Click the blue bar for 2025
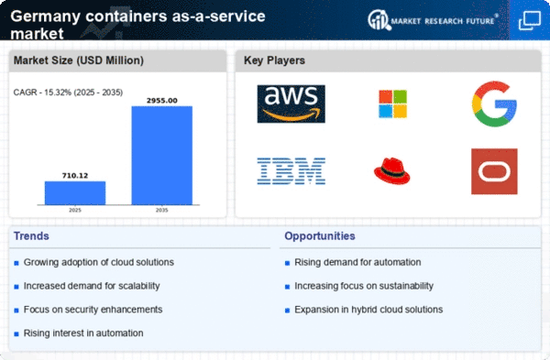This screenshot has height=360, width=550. pyautogui.click(x=75, y=192)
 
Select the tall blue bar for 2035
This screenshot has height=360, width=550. pyautogui.click(x=162, y=156)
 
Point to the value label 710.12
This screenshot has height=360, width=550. pyautogui.click(x=75, y=175)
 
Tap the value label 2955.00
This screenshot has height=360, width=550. pyautogui.click(x=162, y=100)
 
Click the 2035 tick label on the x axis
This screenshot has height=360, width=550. pyautogui.click(x=161, y=210)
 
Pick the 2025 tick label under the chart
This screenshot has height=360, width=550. pyautogui.click(x=75, y=210)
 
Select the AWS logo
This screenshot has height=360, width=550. pyautogui.click(x=291, y=104)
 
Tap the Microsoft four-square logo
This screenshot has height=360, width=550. pyautogui.click(x=393, y=104)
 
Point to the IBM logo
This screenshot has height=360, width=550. pyautogui.click(x=291, y=171)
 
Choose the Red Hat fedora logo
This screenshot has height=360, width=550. pyautogui.click(x=392, y=171)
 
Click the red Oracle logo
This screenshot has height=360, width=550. pyautogui.click(x=494, y=171)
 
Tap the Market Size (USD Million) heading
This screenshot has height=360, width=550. pyautogui.click(x=79, y=60)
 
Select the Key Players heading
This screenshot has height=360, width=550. pyautogui.click(x=274, y=60)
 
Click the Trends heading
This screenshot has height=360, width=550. pyautogui.click(x=31, y=236)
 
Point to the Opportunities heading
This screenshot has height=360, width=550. pyautogui.click(x=320, y=236)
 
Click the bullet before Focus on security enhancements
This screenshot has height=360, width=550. pyautogui.click(x=16, y=311)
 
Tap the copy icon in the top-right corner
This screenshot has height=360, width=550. pyautogui.click(x=529, y=20)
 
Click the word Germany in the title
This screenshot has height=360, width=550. pyautogui.click(x=46, y=16)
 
